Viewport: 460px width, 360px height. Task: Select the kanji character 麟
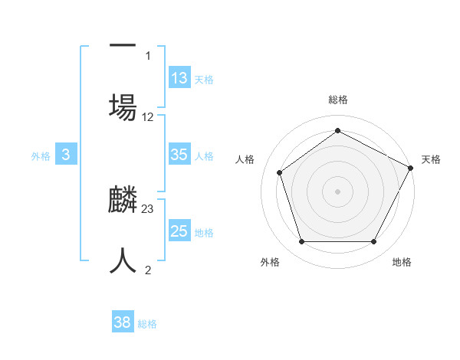point(123,199)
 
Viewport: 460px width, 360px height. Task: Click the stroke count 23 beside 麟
point(148,208)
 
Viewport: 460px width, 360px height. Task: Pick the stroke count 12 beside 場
point(148,117)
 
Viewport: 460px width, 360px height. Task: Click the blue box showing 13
point(179,77)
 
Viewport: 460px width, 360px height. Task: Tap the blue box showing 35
point(179,155)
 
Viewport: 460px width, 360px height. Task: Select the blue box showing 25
point(179,231)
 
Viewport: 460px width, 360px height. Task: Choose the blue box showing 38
point(123,323)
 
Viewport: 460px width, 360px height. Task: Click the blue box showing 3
point(66,155)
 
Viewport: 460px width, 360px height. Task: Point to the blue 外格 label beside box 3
point(41,155)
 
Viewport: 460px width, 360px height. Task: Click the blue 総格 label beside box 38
point(147,324)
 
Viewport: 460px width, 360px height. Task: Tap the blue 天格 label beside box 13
point(204,79)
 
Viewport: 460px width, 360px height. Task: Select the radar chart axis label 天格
point(432,159)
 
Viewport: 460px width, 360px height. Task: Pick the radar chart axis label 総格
point(338,100)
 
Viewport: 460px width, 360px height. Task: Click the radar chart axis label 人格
point(245,159)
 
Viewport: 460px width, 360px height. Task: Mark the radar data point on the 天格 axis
point(411,168)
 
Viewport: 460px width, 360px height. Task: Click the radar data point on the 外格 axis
point(302,242)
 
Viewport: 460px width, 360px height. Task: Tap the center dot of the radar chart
point(338,191)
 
